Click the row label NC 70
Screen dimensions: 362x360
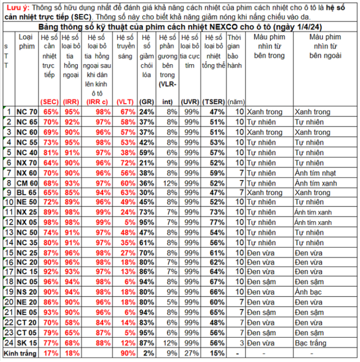(x=27, y=112)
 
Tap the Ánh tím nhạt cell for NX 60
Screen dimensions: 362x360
(x=315, y=173)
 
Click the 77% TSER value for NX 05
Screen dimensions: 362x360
(x=217, y=222)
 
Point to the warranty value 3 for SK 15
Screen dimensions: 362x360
(x=242, y=344)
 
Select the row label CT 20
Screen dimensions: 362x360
(x=27, y=323)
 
